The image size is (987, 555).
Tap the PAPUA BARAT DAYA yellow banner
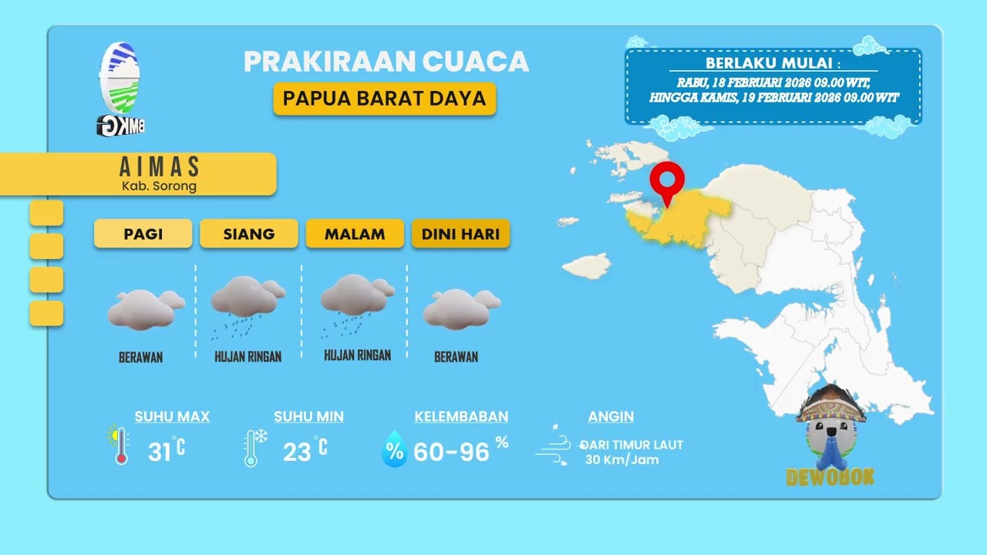pyautogui.click(x=384, y=99)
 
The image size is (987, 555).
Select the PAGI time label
pyautogui.click(x=143, y=234)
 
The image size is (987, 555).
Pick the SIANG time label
pyautogui.click(x=248, y=234)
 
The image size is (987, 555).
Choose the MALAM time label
pyautogui.click(x=355, y=234)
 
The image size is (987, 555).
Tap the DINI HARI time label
pyautogui.click(x=460, y=234)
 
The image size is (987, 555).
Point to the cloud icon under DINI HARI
pyautogui.click(x=461, y=308)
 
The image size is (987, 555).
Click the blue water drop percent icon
pyautogui.click(x=394, y=449)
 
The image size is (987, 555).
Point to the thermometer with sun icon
pyautogui.click(x=119, y=445)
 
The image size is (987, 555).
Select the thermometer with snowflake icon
pyautogui.click(x=254, y=447)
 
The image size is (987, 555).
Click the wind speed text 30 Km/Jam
pyautogui.click(x=622, y=460)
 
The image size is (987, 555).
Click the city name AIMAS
pyautogui.click(x=160, y=167)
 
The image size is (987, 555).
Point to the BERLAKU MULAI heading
pyautogui.click(x=773, y=63)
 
